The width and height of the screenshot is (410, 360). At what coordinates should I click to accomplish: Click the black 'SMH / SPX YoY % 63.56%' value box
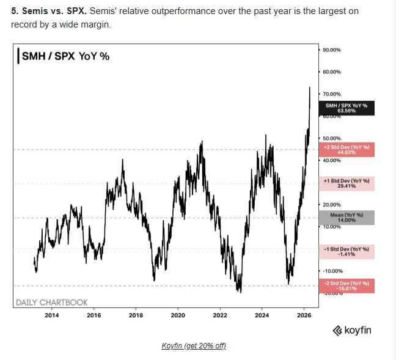[x=346, y=108]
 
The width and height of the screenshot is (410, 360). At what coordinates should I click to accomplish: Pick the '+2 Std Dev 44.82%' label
[x=346, y=150]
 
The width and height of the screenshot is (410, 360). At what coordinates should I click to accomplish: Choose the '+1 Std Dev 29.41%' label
[x=346, y=184]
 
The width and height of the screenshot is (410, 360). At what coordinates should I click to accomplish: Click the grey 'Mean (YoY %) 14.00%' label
[x=346, y=218]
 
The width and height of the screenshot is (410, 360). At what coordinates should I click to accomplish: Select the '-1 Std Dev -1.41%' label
[x=346, y=251]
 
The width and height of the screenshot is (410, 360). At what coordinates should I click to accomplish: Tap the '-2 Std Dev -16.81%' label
[x=346, y=285]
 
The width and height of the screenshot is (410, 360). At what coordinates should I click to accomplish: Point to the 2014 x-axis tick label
[x=52, y=315]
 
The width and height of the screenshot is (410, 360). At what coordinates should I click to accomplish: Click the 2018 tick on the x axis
[x=136, y=315]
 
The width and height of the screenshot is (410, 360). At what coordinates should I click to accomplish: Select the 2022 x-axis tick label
[x=219, y=315]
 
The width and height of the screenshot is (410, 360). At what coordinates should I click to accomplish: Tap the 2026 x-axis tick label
[x=304, y=315]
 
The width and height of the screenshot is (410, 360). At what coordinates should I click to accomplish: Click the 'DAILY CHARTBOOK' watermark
[x=51, y=302]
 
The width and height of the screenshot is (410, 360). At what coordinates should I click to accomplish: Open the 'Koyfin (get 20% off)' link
[x=194, y=346]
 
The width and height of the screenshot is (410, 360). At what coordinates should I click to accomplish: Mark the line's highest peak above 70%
[x=310, y=87]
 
